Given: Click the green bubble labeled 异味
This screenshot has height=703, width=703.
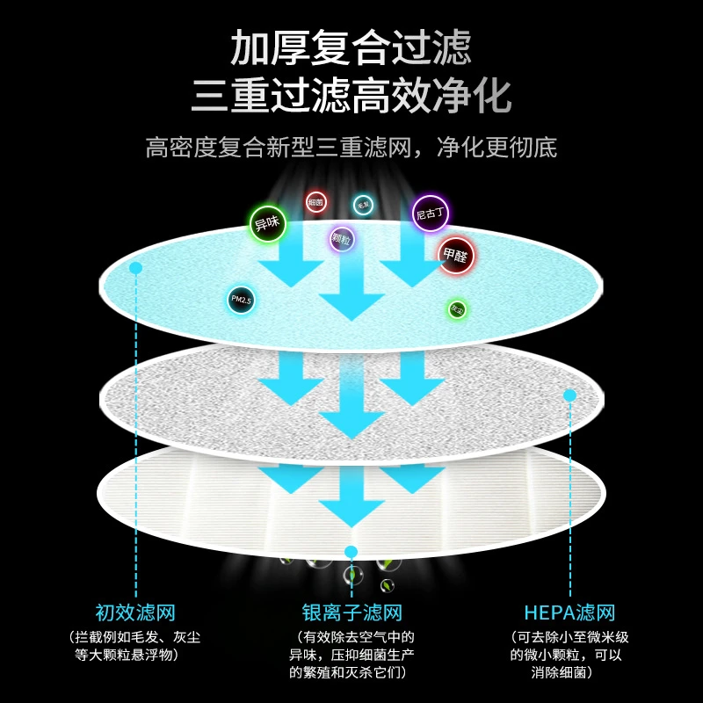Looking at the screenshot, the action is click(x=265, y=223).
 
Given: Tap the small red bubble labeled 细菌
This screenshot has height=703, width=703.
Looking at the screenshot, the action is click(x=315, y=202).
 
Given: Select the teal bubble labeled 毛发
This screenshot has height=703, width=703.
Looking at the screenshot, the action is click(x=363, y=205).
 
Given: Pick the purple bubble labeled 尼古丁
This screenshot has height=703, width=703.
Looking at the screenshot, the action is click(x=431, y=213).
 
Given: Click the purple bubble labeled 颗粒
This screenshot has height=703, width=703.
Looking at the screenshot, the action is click(x=342, y=237).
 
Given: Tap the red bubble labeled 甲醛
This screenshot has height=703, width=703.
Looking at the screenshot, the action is click(x=455, y=256).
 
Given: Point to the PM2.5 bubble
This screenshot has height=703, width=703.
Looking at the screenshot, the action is click(x=241, y=301).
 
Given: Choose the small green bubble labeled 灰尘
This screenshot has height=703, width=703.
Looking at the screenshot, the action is click(x=457, y=309).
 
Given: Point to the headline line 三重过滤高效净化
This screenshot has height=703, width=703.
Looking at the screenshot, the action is click(x=351, y=96).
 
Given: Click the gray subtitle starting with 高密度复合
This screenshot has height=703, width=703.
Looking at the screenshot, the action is click(x=351, y=146).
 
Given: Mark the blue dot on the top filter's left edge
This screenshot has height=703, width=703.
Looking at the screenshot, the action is click(x=135, y=267).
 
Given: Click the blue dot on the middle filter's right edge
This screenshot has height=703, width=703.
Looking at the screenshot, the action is click(x=569, y=395).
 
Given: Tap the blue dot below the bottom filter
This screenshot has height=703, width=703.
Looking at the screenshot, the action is click(x=351, y=552).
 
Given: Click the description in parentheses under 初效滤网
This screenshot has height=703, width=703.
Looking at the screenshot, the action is click(x=135, y=646).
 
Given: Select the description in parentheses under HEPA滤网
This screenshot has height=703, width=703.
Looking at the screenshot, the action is click(x=569, y=655).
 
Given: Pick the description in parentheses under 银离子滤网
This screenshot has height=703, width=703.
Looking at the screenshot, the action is click(x=351, y=655).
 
